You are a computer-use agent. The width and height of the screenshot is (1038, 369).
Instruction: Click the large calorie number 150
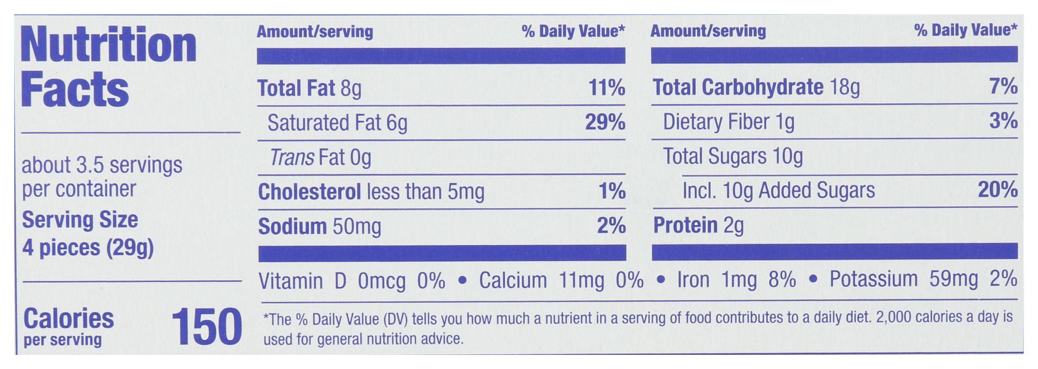[x=206, y=327]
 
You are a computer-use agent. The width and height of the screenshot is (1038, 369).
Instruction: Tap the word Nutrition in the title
[x=108, y=45]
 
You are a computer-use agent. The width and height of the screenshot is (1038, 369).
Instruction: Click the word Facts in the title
[x=75, y=90]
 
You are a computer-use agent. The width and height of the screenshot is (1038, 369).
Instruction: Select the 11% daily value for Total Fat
[x=607, y=88]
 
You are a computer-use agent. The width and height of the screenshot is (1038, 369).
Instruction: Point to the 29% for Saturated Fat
[x=605, y=122]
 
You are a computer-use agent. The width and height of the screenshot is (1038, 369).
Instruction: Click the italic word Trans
[x=292, y=157]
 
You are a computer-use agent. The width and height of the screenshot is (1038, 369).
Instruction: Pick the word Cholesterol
[x=309, y=192]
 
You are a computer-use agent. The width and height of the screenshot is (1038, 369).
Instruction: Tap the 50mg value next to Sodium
[x=357, y=227]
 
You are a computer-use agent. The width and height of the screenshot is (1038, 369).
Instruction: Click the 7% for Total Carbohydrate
[x=1003, y=86]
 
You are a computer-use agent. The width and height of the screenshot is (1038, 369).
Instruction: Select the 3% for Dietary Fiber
[x=1003, y=121]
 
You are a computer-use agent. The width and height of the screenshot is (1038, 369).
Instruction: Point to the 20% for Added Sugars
[x=997, y=190]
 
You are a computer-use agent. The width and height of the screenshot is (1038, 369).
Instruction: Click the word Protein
[x=685, y=225]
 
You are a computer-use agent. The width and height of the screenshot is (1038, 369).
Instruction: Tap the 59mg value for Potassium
[x=953, y=279]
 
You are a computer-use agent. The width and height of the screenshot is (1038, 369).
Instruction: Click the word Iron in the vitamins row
[x=693, y=280]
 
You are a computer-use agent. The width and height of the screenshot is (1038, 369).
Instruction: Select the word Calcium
[x=513, y=280]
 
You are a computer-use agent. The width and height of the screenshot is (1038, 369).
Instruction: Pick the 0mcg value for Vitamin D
[x=382, y=281]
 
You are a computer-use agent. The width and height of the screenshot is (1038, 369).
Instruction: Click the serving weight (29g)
[x=130, y=248]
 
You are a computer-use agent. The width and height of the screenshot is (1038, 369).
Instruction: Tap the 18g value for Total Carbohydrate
[x=845, y=88]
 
